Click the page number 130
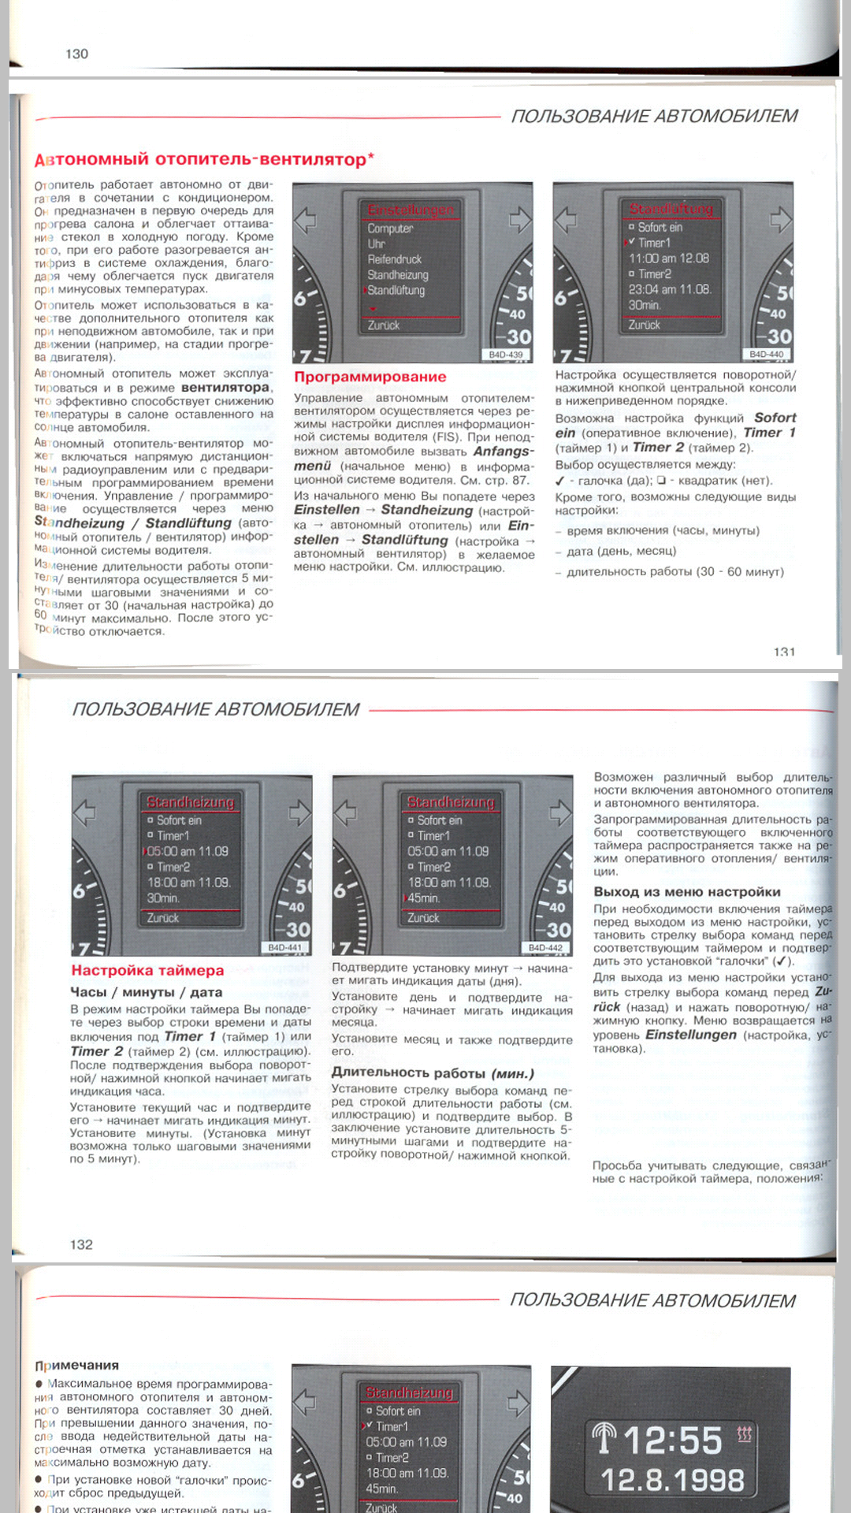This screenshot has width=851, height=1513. [76, 54]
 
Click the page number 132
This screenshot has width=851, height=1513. [81, 1244]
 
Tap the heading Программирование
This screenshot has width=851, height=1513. [370, 377]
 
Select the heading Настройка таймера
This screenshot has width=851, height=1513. [147, 970]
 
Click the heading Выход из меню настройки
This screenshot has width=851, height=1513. [686, 891]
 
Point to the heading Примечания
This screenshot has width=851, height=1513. [76, 1365]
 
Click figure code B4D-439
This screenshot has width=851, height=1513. [505, 355]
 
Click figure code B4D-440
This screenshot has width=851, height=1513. [766, 355]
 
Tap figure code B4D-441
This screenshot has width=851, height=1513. [284, 947]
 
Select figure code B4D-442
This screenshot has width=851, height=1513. [545, 947]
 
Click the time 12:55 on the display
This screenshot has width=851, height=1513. [672, 1441]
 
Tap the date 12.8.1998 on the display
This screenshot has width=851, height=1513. [672, 1479]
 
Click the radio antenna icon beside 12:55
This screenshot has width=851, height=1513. [605, 1438]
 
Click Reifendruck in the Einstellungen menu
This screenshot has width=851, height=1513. [394, 259]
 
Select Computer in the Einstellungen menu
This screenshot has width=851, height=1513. [390, 229]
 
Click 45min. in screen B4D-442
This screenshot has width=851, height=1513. [423, 898]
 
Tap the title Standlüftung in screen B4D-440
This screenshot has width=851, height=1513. [671, 209]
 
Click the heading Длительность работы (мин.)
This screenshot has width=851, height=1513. [433, 1072]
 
